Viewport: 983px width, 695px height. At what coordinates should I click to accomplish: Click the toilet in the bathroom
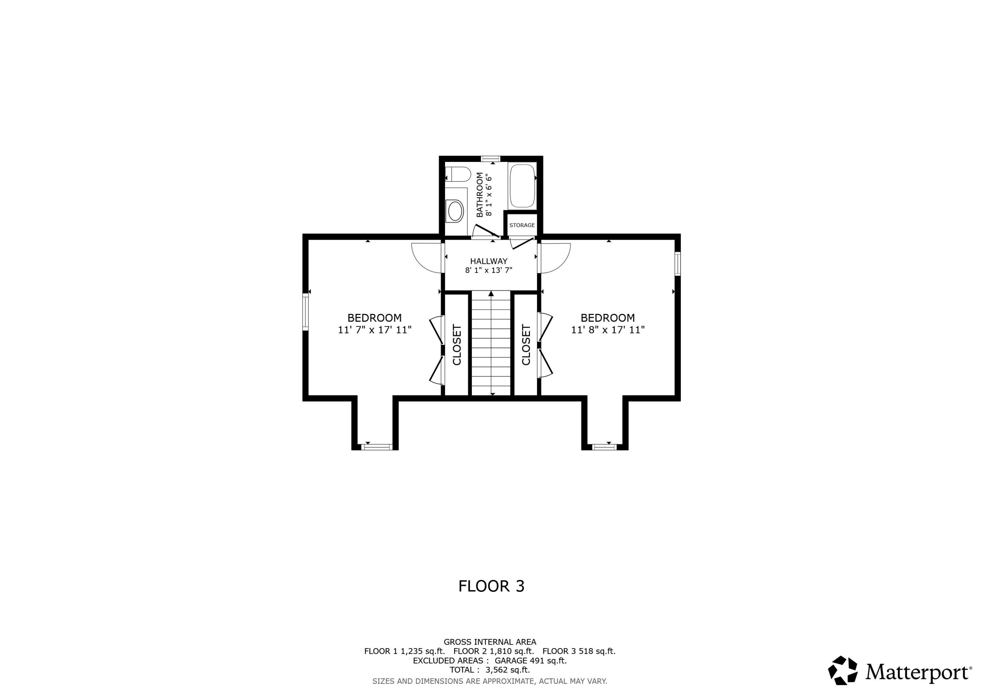point(458,174)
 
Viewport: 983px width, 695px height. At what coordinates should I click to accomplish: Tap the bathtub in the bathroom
point(522,186)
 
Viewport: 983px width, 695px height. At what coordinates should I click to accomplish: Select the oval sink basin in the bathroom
point(455,211)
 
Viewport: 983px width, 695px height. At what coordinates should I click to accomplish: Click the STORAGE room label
point(522,225)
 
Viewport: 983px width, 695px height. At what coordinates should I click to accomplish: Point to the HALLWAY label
point(489,261)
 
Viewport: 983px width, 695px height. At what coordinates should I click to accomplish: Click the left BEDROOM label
point(374,318)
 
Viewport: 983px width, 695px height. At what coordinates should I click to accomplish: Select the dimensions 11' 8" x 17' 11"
point(607,330)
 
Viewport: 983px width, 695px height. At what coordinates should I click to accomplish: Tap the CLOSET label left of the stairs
point(457,345)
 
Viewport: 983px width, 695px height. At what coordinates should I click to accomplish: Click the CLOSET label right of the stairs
point(526,345)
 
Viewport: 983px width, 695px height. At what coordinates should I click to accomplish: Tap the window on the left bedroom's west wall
point(305,311)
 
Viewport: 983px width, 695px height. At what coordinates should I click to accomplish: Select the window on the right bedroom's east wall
point(678,264)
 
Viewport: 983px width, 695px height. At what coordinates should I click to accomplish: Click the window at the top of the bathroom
point(491,159)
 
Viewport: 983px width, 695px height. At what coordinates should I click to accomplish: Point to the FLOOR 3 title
point(491,586)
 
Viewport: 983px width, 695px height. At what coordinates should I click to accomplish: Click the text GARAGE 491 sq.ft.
point(530,661)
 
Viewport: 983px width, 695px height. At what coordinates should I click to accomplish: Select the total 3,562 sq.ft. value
point(507,670)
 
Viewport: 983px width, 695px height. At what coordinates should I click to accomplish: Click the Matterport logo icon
point(842,671)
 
